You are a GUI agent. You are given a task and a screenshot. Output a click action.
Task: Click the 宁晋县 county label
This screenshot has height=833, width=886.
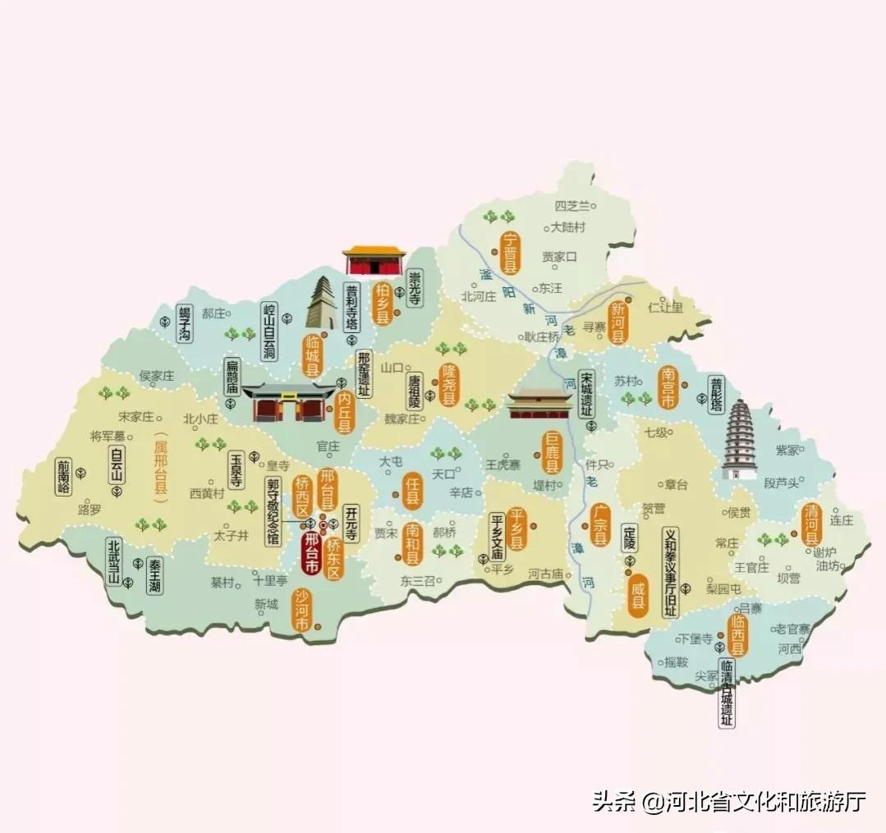511,253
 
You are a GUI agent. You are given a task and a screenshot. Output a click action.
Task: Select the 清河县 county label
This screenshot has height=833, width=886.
810,524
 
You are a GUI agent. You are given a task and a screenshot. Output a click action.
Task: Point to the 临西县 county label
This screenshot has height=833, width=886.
738,635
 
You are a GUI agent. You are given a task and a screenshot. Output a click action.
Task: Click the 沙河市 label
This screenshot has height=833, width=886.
302,611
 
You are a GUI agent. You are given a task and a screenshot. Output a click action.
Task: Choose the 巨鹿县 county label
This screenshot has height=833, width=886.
552,455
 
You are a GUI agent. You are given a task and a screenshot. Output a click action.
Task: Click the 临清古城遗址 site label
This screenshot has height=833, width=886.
726,693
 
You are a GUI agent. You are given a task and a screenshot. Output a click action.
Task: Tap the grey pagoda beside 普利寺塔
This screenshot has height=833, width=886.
321,304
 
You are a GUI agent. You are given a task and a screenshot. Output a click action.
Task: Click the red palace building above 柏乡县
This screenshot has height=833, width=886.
374,260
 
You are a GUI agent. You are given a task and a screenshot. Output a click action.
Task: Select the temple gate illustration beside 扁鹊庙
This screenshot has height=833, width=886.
288,402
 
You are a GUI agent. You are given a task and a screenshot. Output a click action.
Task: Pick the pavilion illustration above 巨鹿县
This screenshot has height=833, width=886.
539,404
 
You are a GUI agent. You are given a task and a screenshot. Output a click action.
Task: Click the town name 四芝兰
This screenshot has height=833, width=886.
572,206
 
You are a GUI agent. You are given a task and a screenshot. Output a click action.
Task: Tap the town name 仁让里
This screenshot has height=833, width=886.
666,308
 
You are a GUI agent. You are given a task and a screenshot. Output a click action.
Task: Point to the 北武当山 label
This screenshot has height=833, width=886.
114,561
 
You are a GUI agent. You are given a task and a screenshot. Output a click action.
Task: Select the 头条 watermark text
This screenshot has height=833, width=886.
615,801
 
